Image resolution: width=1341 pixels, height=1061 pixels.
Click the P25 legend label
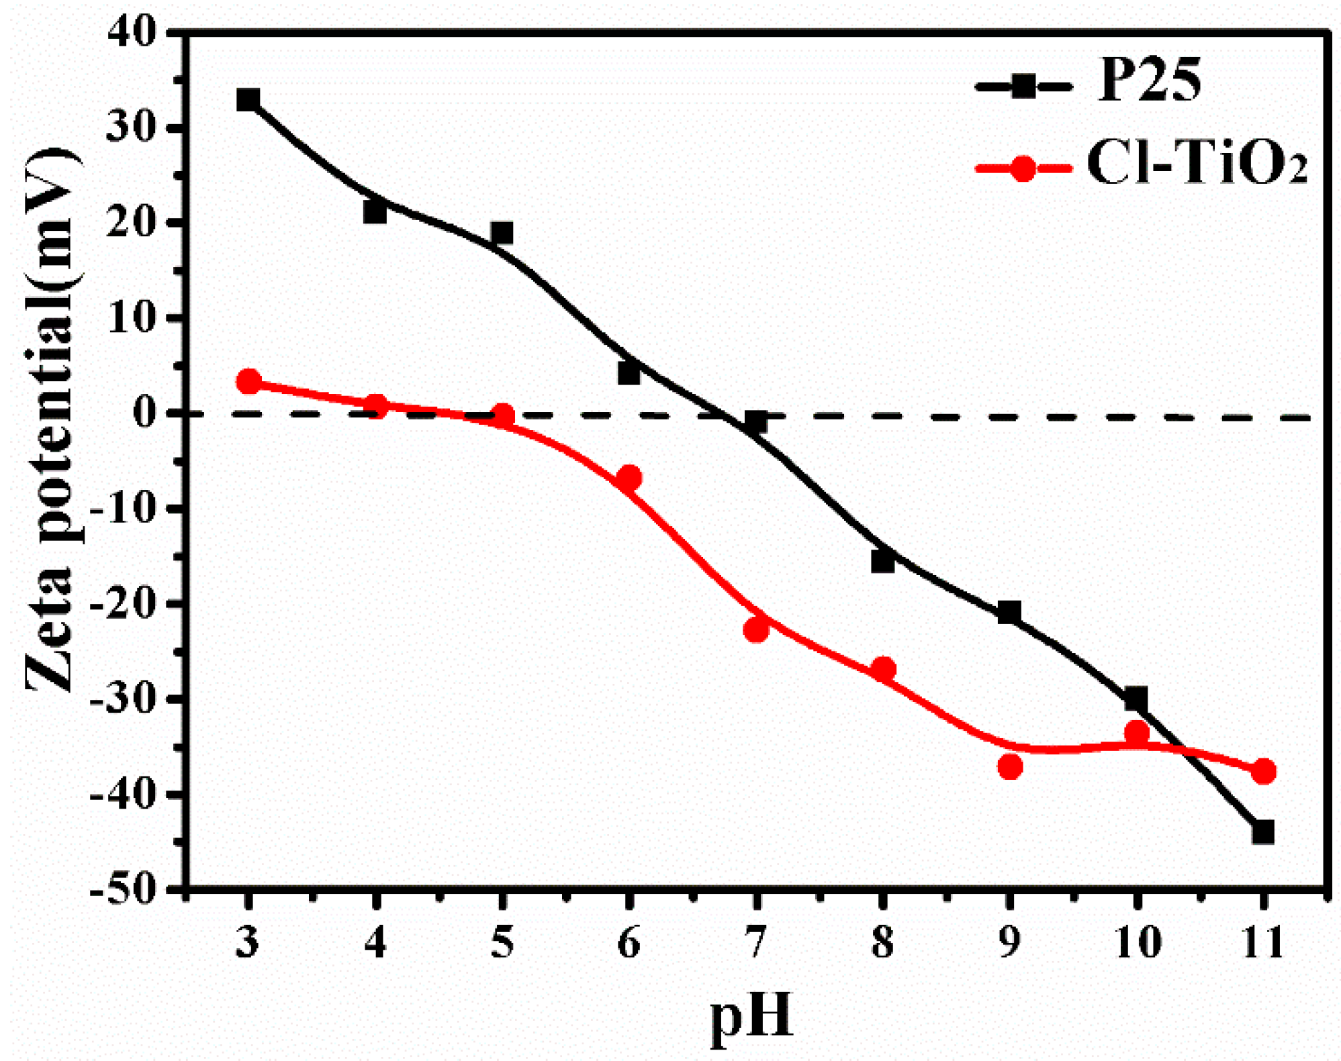tap(1149, 82)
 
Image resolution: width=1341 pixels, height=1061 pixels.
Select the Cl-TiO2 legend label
tap(1197, 164)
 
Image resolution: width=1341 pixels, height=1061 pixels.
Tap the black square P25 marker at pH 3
tap(248, 100)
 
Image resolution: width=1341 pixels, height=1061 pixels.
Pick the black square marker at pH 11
tap(1262, 832)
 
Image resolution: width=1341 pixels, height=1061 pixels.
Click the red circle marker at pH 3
tap(248, 381)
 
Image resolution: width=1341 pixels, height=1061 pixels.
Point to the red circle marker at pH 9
tap(1010, 766)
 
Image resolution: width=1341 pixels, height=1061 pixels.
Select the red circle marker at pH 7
tap(756, 629)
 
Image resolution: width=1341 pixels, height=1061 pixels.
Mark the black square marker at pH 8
tap(883, 561)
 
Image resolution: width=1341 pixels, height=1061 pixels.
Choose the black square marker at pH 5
tap(502, 234)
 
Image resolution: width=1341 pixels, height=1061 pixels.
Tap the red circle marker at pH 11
tap(1264, 771)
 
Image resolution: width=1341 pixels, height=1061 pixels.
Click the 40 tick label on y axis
tap(132, 32)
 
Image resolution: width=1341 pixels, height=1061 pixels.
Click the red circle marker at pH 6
tap(629, 478)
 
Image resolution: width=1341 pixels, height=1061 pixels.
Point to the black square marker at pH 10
tap(1136, 698)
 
